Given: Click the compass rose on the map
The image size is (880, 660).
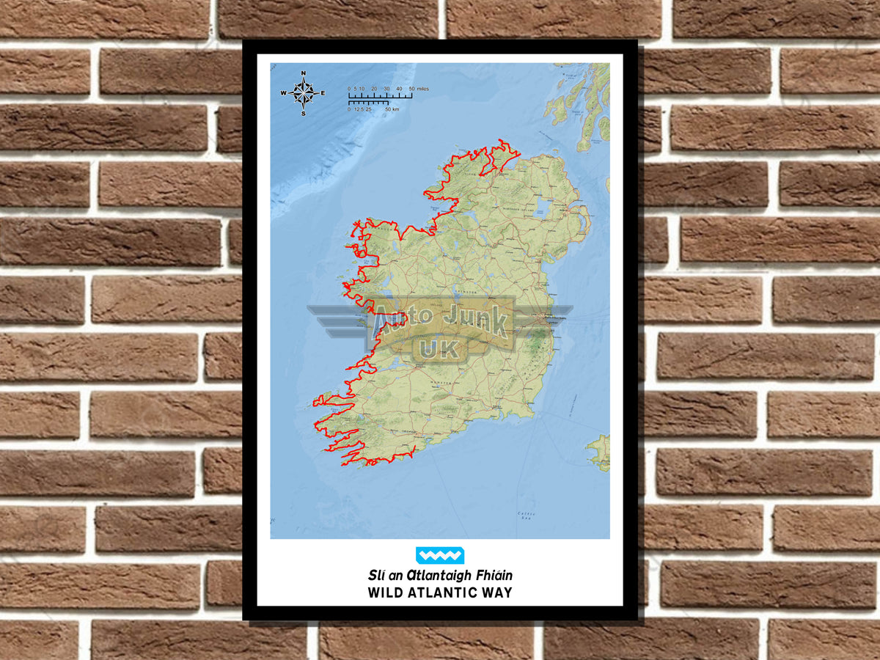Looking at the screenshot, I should point(303,93).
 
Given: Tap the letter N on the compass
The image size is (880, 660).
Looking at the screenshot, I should point(303,73).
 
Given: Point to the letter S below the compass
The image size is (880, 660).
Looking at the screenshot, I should point(303,113).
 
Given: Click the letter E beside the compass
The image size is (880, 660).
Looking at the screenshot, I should point(323,93).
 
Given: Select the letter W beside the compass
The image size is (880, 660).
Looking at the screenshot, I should point(283,93).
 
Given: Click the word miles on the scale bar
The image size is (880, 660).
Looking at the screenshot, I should point(422,89).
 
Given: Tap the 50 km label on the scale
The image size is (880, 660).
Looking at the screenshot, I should point(392,109).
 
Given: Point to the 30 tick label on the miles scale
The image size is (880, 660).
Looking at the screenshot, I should point(386,89).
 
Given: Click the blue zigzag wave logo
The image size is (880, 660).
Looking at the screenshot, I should point(439,555).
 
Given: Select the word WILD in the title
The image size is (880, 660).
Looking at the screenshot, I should point(386,593).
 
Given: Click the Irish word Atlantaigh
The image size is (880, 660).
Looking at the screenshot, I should point(438,576).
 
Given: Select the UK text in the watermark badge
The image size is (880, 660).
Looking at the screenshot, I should point(439,348).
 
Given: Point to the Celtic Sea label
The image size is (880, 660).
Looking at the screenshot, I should point(526,514).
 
